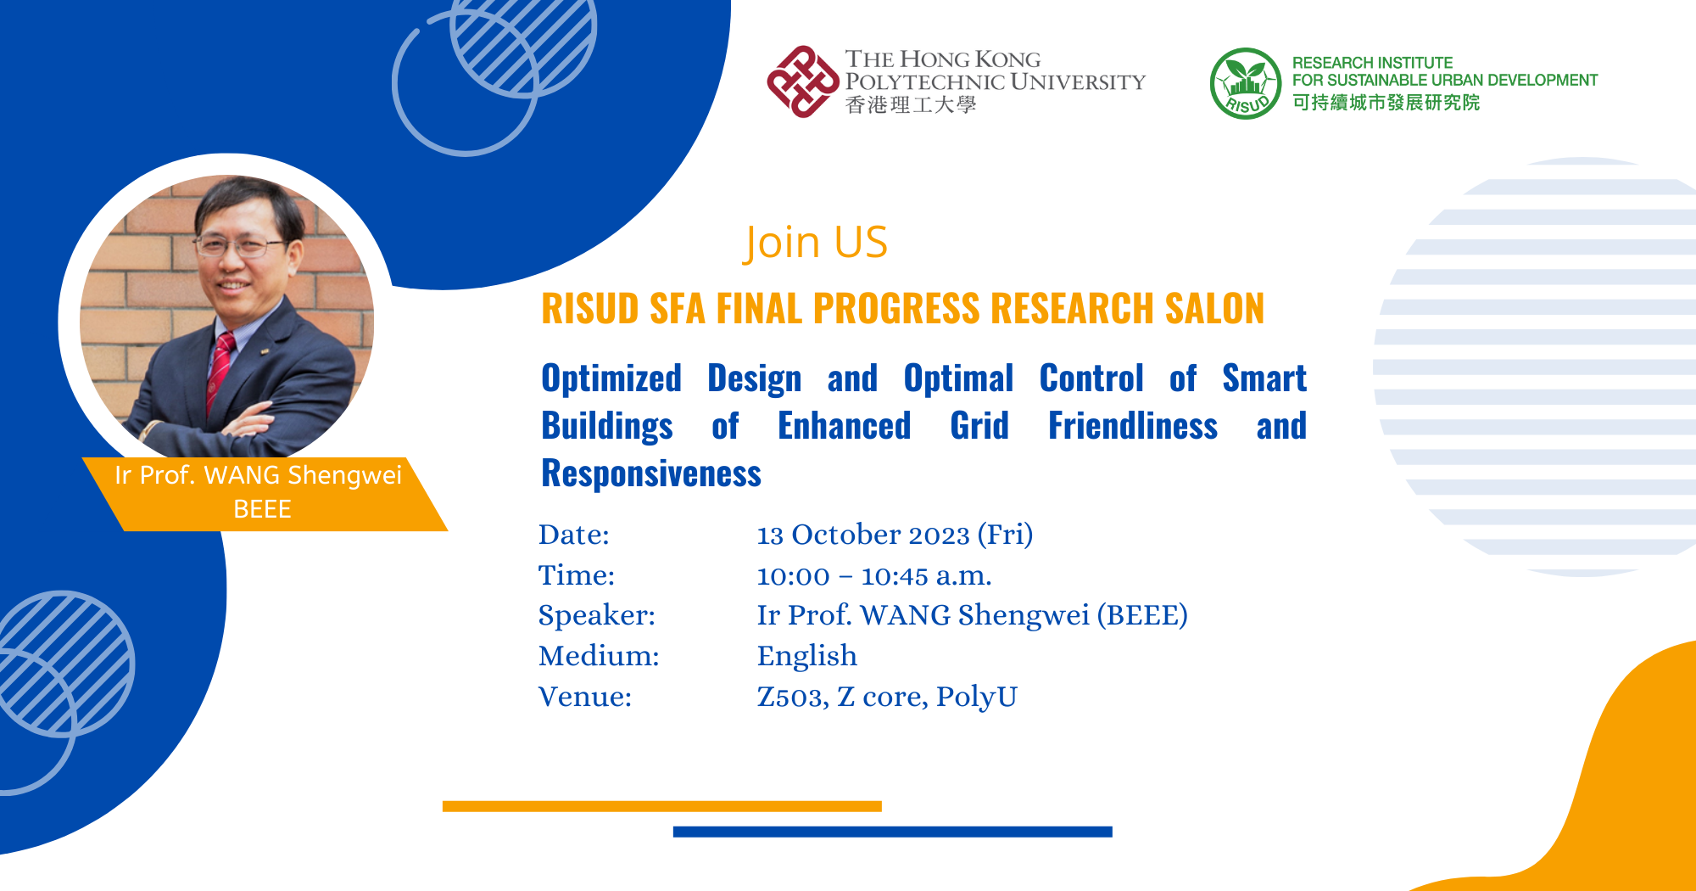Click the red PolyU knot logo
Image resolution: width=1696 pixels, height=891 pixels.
pos(802,81)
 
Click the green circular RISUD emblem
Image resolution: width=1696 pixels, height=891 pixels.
pos(1245,83)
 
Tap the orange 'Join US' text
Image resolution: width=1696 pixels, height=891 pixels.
pos(815,243)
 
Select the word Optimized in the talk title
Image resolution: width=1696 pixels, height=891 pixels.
pos(611,378)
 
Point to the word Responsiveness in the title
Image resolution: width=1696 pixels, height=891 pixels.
pos(651,474)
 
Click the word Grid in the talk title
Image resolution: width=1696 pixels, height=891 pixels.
pos(979,426)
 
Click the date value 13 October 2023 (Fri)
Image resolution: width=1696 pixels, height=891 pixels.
pos(895,535)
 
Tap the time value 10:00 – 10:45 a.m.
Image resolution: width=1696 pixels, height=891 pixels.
pos(873,576)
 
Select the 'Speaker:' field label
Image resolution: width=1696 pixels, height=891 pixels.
pos(596,615)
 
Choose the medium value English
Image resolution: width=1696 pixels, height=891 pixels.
pos(806,656)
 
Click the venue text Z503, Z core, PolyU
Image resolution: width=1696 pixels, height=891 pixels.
pos(886,697)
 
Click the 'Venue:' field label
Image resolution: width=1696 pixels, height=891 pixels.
pos(585,697)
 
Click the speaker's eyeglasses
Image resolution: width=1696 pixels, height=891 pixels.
pos(237,248)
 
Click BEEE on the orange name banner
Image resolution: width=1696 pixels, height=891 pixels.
pos(262,509)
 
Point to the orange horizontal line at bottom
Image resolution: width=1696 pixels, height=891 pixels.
pos(661,806)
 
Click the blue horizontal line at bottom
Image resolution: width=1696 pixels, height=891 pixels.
pos(892,832)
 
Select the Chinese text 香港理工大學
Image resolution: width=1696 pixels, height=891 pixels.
pos(910,105)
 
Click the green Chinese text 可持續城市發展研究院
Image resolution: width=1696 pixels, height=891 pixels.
pos(1386,103)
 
